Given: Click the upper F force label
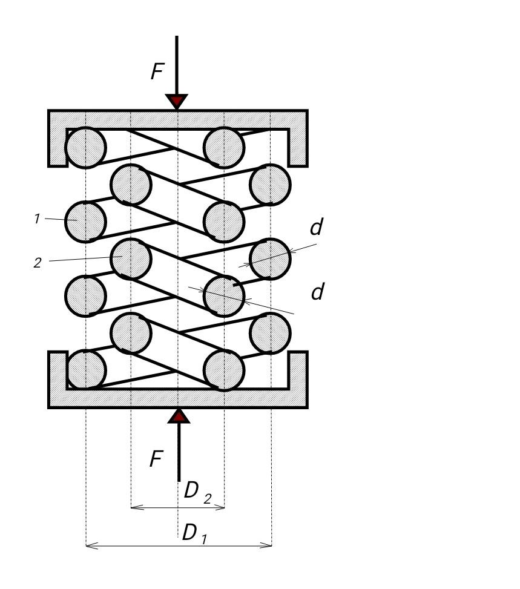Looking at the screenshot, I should (157, 72).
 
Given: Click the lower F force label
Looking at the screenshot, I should (156, 459).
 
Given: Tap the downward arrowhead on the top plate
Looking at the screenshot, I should (177, 101).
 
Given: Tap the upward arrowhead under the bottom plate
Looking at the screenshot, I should (179, 416).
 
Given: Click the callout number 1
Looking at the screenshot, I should (37, 219).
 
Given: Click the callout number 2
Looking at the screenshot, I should (38, 263).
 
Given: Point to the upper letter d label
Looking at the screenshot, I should (316, 228).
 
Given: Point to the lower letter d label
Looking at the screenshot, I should (317, 292).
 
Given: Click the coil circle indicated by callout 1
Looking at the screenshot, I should (85, 222).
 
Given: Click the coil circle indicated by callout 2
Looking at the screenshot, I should (131, 258).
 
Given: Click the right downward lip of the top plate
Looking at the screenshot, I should (298, 148).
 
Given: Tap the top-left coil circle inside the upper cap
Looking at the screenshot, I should (85, 147).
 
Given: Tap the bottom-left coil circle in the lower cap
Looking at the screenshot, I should (85, 369).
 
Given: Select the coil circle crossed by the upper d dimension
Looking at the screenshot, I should (271, 258).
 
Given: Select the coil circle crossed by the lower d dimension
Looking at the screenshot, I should (225, 296).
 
